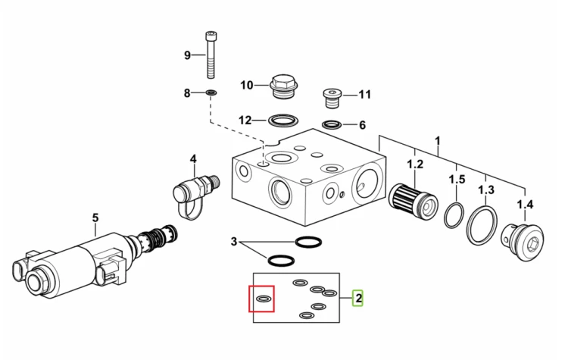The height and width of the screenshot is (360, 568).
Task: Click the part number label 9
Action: pos(187,55)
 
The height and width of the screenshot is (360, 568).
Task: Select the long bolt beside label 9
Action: pos(210,55)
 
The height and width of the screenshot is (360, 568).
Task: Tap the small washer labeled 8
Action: pos(211,93)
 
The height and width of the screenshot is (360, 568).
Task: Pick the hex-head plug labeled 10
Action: pos(284,86)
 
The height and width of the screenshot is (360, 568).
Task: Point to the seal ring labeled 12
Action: pos(283,120)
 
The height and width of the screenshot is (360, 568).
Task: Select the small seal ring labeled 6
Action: pos(332,125)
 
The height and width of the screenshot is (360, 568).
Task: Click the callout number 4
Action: pos(193,159)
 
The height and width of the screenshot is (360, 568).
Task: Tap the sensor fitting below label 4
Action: pos(195,195)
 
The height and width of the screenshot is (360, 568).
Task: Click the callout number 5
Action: pos(95,218)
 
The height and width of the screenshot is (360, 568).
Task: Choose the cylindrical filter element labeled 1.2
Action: pos(413,201)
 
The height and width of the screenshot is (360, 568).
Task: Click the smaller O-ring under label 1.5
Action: pos(454,216)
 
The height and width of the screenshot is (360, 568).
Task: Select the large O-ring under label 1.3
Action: pos(482,225)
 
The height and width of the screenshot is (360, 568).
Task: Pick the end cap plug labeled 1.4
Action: pos(523,243)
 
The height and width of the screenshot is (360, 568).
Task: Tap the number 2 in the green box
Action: pos(358,298)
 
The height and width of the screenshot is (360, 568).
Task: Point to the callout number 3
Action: pos(234,242)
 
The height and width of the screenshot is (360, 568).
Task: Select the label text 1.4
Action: pos(525,205)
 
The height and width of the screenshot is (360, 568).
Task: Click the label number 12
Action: pos(245,120)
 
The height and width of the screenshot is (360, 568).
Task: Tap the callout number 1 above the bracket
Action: pos(438,141)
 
